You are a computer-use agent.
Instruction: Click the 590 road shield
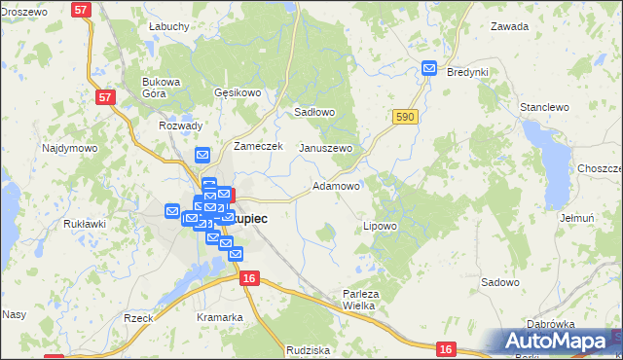point(406,117)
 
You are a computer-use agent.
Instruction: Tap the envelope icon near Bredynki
point(429,67)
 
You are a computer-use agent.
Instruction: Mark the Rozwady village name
point(180,126)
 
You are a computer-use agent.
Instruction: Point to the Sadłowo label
point(314,112)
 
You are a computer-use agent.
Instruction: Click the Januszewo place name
point(325,148)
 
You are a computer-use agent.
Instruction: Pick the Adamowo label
point(336,185)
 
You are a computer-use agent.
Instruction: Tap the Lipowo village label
point(380,226)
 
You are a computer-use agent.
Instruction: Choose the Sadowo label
point(499,281)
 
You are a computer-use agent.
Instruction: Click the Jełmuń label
point(577,218)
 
